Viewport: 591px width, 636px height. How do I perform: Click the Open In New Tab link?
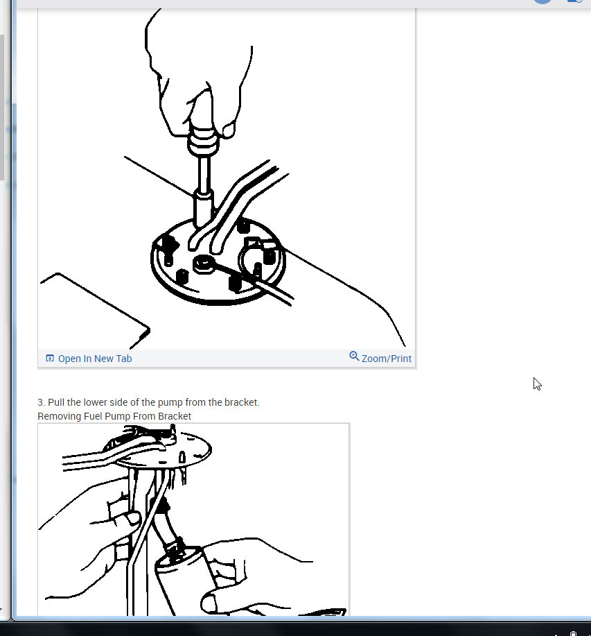[x=95, y=359]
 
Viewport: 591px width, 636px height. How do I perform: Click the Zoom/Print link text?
[x=387, y=359]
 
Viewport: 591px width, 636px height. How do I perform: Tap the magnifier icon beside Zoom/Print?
[x=354, y=356]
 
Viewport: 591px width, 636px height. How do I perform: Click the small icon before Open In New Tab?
[x=50, y=359]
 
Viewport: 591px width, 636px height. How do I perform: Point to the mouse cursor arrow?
[x=537, y=384]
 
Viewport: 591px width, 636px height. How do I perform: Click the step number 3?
[x=41, y=402]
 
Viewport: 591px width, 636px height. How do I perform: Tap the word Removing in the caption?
[x=58, y=416]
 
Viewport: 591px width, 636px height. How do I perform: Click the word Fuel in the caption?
[x=91, y=416]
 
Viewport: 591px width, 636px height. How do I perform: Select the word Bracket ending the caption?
[x=175, y=416]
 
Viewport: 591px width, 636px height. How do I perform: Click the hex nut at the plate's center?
[x=204, y=263]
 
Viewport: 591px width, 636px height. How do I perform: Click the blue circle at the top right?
[x=543, y=1]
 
